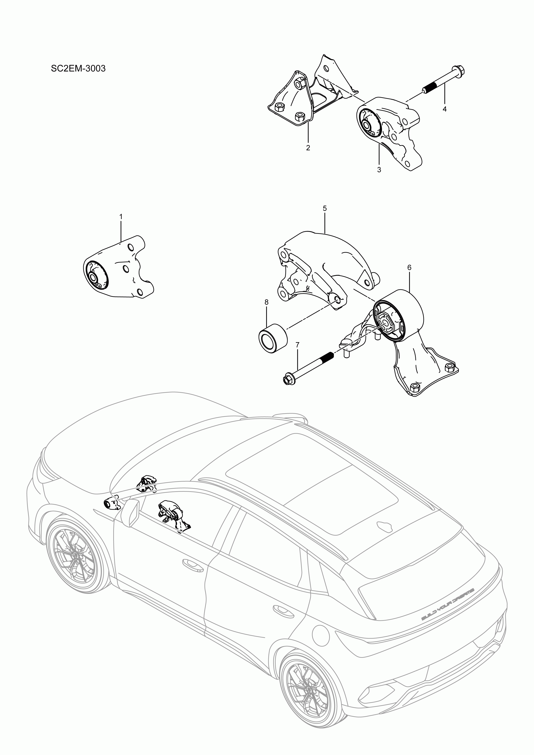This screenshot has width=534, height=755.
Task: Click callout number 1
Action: tap(121, 217)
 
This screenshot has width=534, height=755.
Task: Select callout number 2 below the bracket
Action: tap(308, 148)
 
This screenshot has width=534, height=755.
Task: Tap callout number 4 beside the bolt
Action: tap(444, 109)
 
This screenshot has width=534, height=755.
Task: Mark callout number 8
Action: tap(266, 302)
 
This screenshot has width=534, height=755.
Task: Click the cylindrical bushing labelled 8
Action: tap(272, 338)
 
